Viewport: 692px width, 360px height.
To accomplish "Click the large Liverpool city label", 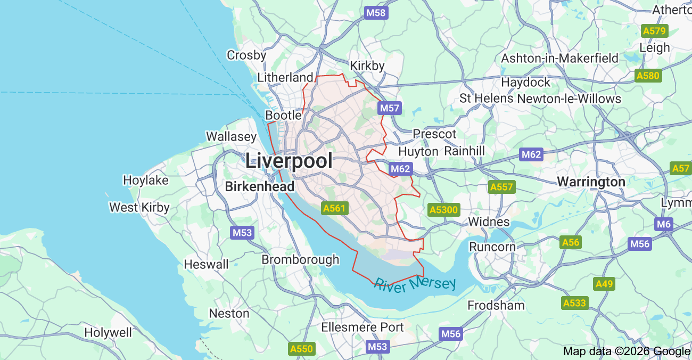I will (289, 161).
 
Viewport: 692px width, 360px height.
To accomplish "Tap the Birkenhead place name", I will (259, 187).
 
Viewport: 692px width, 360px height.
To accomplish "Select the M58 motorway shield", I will (376, 13).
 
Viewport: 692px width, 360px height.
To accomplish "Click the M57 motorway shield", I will (390, 109).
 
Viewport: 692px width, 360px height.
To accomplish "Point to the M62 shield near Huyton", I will (400, 169).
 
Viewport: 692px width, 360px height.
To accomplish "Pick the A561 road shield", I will (334, 208).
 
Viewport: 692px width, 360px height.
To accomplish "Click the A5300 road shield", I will (443, 210).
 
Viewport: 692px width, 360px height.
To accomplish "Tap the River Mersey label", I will (415, 284).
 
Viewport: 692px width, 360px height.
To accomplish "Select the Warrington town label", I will (591, 182).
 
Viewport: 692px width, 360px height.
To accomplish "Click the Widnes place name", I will (489, 222).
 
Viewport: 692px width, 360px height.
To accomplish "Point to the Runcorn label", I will (492, 247).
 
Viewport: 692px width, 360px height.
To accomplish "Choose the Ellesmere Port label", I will (363, 327).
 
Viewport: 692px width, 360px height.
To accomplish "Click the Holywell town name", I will (108, 333).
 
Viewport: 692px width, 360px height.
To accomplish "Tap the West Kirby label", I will (139, 207).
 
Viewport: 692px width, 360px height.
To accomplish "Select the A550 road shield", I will (302, 349).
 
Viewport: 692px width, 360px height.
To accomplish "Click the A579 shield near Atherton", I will (655, 31).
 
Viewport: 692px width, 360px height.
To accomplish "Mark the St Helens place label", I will (487, 99).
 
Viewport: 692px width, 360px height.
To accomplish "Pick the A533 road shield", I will (574, 303).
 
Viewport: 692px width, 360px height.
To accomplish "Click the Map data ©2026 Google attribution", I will (627, 351).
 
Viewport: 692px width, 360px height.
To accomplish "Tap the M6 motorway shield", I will (664, 224).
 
